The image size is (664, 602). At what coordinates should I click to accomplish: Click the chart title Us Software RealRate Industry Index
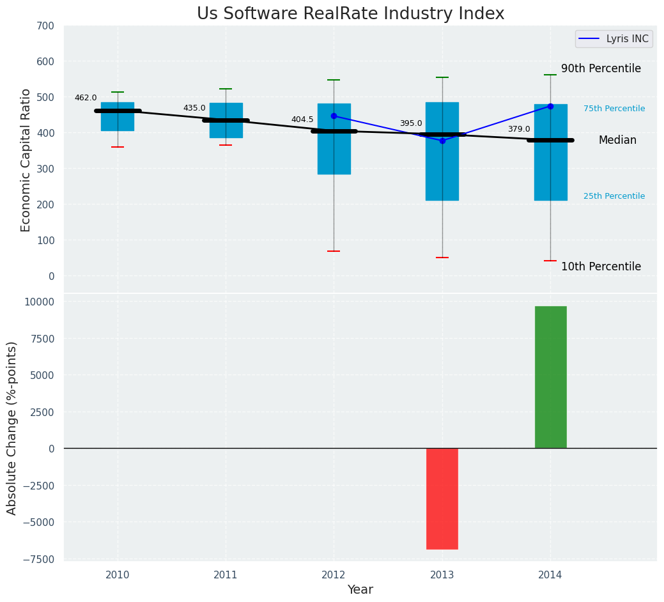(350, 14)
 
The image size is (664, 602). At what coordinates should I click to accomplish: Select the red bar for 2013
(442, 498)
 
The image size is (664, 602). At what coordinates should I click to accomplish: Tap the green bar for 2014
(550, 377)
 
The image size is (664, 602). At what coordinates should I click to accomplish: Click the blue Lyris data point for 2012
(334, 116)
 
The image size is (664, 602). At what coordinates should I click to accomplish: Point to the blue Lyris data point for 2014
(550, 106)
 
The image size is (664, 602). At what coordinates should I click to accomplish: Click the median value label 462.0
(86, 98)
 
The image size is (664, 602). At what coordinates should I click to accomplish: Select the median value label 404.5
(302, 120)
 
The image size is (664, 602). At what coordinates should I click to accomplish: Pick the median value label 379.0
(519, 129)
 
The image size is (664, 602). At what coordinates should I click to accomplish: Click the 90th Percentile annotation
(601, 69)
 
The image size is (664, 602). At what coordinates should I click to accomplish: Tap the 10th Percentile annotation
(601, 266)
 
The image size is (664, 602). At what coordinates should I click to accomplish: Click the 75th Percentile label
(614, 109)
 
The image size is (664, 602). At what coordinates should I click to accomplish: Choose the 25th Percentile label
(614, 196)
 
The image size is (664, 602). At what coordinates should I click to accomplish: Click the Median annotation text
(617, 141)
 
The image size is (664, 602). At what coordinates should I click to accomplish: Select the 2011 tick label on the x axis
(226, 575)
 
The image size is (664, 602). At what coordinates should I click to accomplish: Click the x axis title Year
(360, 590)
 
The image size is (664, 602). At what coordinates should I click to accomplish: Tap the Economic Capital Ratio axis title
(26, 160)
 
